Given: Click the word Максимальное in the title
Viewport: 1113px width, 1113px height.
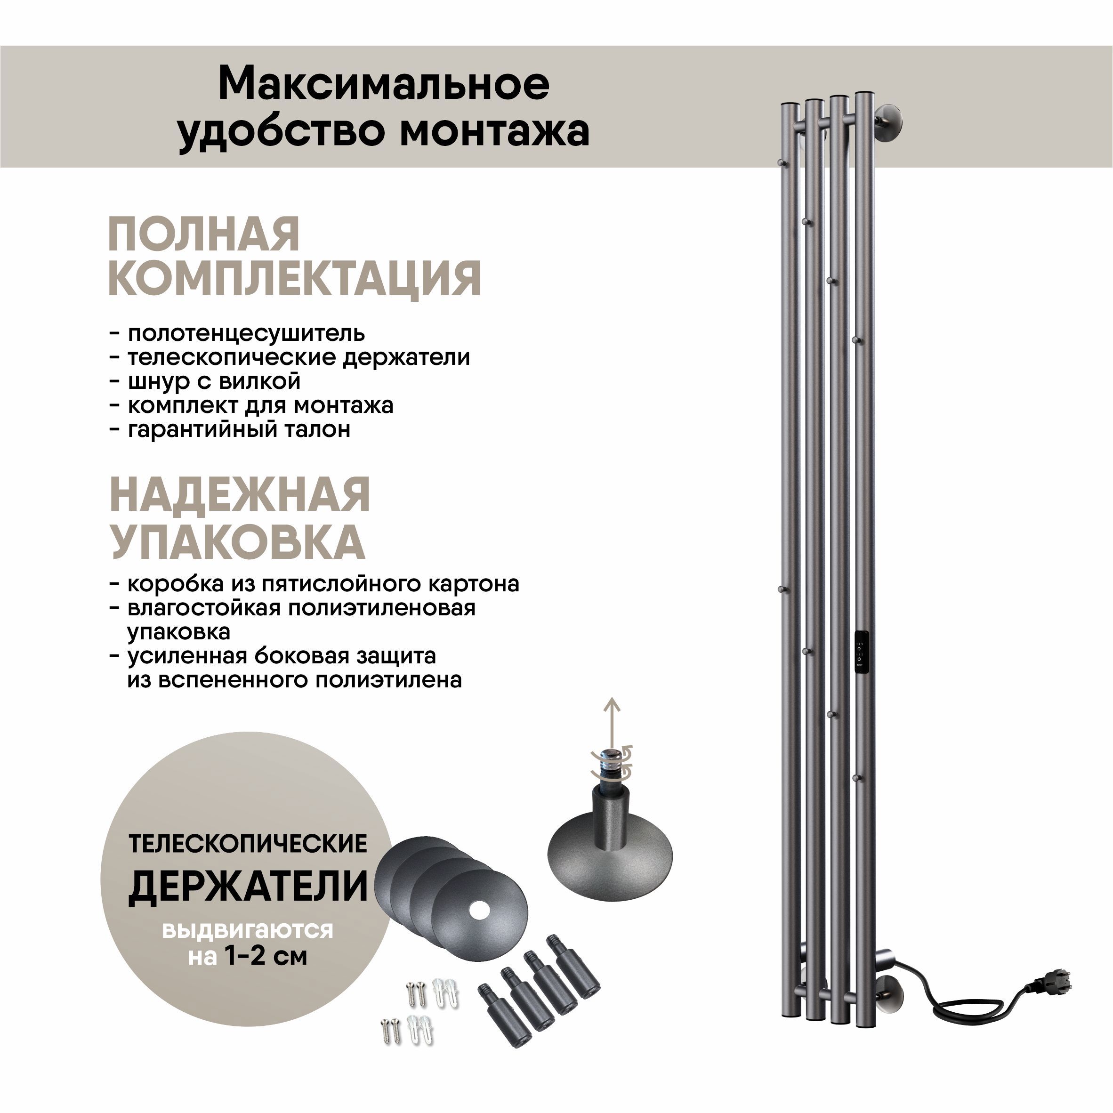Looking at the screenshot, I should coord(384,85).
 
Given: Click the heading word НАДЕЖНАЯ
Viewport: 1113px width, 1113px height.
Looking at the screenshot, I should coord(240,495).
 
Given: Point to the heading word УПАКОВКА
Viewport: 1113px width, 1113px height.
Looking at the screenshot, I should coord(237,541).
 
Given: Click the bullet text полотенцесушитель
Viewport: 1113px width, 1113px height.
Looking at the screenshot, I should coord(246,333).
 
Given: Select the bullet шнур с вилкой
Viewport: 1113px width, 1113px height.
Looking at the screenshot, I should coord(214,381).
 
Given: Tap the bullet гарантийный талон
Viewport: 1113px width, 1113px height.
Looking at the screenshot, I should coord(239,429).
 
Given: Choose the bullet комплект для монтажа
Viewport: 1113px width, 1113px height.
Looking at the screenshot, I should coord(260,405).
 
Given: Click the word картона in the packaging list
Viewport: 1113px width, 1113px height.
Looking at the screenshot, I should coord(474,584).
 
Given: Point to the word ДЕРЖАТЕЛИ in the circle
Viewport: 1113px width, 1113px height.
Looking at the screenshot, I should coord(248,887).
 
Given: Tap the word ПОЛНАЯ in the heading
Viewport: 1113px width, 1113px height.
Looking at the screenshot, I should coord(204,234).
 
